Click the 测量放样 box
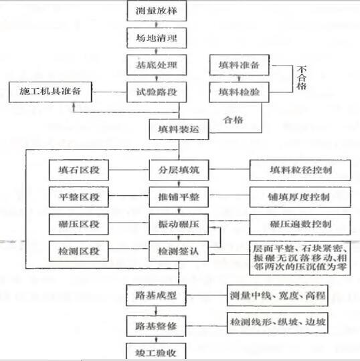[157, 11]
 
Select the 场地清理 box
[157, 38]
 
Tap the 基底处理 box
[157, 65]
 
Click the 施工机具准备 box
[50, 92]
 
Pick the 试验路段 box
[157, 92]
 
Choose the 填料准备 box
[240, 65]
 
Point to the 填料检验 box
[240, 92]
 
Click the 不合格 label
[302, 78]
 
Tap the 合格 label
[234, 120]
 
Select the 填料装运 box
[179, 129]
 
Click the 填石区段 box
[79, 170]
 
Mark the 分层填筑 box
[179, 170]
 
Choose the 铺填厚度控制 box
[300, 197]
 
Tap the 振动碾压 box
[179, 224]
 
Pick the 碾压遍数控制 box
[300, 224]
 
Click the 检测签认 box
[179, 251]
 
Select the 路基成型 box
[156, 295]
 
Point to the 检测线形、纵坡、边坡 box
[278, 322]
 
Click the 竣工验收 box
[156, 352]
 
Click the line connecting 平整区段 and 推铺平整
[129, 196]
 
